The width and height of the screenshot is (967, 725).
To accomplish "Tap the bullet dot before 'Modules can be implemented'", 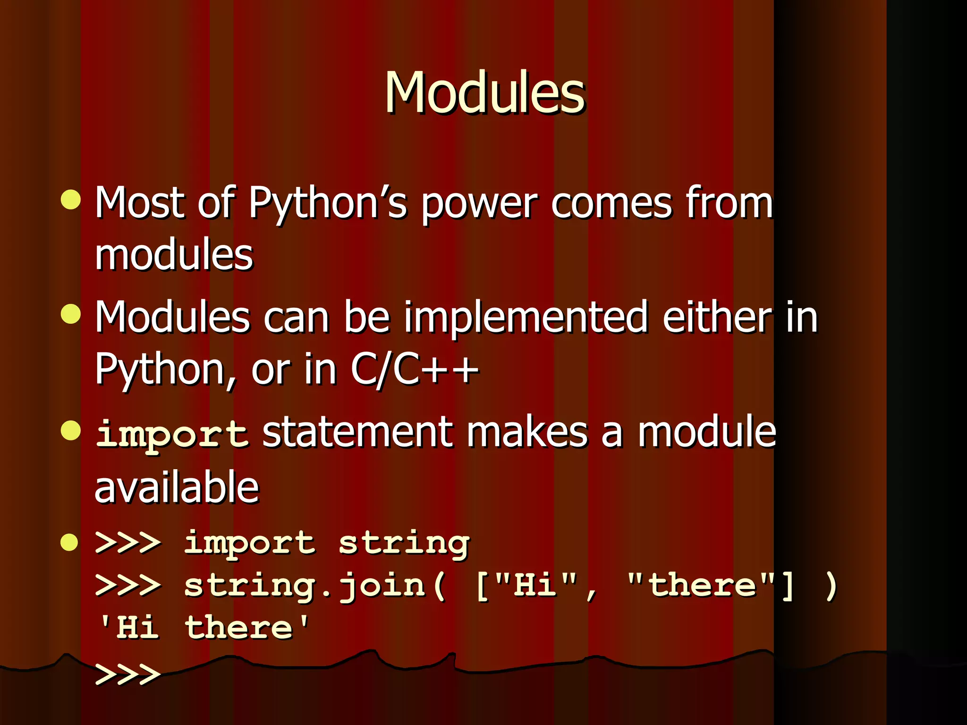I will click(71, 314).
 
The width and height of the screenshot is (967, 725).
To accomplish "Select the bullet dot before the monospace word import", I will click(71, 430).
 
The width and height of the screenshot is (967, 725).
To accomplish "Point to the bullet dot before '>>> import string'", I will click(69, 542).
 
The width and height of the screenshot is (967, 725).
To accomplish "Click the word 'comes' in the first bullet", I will click(611, 204).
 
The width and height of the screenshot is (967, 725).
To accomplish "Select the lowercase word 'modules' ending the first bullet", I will click(174, 255).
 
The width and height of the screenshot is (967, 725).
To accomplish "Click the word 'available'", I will click(177, 487).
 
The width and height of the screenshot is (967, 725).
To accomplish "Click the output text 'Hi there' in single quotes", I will click(204, 628).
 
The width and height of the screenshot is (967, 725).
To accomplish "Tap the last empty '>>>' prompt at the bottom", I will click(127, 674).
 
